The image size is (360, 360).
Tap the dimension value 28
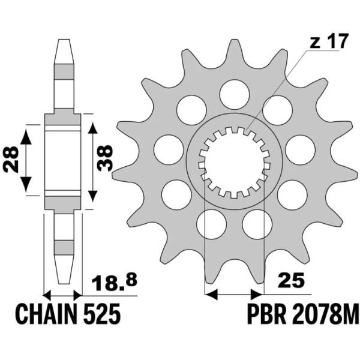tap(11, 160)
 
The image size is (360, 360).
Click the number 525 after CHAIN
tap(104, 314)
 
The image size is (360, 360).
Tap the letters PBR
tap(264, 314)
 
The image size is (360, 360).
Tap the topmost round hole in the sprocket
tap(234, 94)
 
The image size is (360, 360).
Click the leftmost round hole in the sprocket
tap(169, 149)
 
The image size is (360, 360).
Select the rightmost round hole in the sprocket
tap(300, 149)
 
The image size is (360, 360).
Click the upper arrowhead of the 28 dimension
tap(26, 135)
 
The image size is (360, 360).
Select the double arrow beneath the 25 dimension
tap(234, 294)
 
